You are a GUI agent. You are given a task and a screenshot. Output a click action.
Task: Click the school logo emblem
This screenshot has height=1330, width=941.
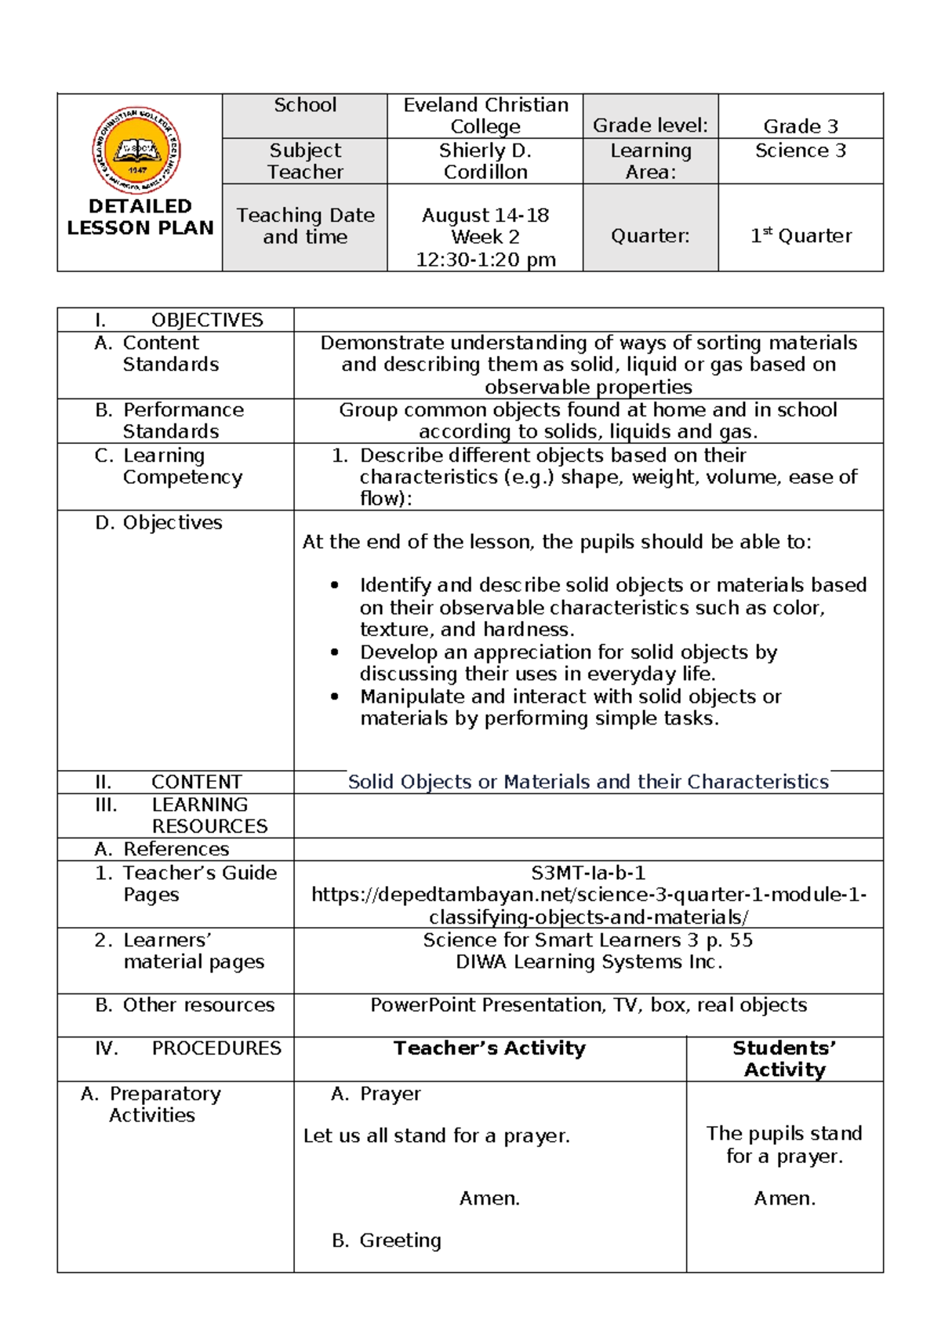137,151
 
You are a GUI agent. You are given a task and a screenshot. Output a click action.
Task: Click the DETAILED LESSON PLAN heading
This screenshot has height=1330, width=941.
140,217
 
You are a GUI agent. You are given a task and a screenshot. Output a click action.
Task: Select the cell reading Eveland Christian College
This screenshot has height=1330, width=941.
485,116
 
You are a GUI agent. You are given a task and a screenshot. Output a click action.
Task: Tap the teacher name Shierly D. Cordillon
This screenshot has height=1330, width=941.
485,161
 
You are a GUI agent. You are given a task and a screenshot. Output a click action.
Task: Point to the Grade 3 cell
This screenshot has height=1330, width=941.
801,126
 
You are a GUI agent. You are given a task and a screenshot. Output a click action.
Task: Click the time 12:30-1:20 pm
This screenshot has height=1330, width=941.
485,260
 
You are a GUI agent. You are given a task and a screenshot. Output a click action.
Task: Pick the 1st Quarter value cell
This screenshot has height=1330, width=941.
801,236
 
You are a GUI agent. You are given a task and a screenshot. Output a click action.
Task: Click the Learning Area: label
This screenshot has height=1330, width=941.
650,161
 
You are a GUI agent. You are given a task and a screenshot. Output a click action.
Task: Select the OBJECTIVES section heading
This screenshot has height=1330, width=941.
206,320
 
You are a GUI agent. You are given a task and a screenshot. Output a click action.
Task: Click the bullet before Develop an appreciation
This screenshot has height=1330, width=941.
336,652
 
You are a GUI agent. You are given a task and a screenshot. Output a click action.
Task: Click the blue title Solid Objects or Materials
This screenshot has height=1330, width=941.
587,782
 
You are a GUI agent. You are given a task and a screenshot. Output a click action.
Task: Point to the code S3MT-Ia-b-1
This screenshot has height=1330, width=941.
588,873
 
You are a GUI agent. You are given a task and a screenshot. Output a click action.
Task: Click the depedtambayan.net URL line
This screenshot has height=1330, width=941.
588,895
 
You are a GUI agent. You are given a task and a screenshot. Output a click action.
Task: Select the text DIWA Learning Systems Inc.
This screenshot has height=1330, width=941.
588,962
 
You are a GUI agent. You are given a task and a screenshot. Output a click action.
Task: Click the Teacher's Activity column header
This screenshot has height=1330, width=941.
489,1048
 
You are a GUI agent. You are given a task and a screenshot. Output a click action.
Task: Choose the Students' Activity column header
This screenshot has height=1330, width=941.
784,1059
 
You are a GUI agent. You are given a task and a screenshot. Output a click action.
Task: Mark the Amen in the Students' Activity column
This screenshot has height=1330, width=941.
784,1198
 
